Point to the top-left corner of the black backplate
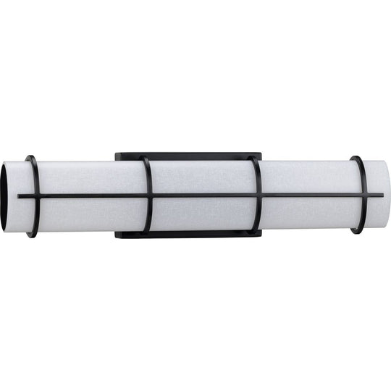[x=116, y=154]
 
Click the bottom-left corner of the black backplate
[x=116, y=236]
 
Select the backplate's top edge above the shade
[x=195, y=155]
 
